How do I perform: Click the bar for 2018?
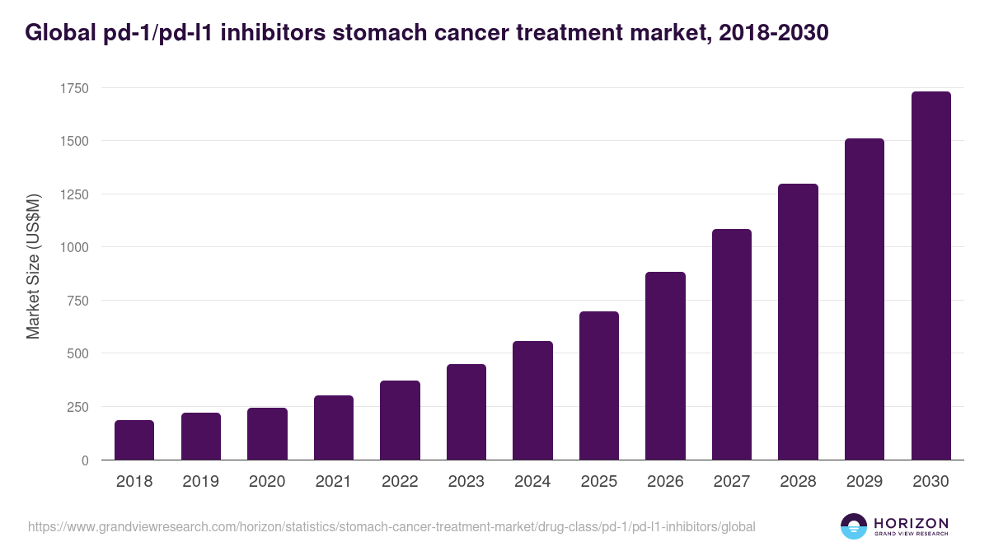point(134,440)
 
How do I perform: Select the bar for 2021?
point(333,428)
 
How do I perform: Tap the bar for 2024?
point(532,400)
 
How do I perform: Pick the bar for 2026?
point(665,366)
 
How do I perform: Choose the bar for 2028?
point(798,322)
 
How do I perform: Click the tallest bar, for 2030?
point(930,276)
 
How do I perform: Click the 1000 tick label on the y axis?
point(73,247)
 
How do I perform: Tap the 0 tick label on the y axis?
point(85,460)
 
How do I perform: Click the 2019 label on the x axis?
point(200,482)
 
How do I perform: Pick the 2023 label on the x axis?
point(466,482)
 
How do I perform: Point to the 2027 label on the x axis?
point(731,482)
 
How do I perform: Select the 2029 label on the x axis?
point(864,482)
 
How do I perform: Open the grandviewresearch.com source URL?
point(391,526)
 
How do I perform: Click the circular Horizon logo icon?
point(853,526)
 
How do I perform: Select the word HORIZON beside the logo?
point(911,523)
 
